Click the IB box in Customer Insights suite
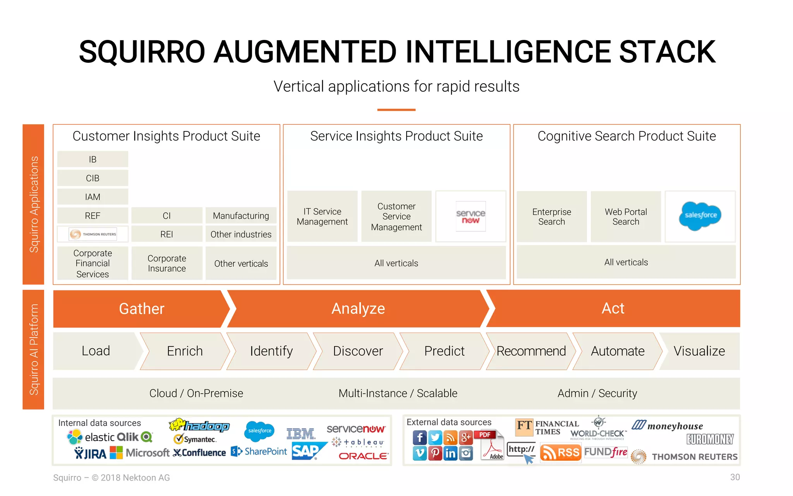[93, 159]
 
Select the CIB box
[93, 178]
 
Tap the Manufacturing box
[241, 215]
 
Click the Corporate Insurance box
[167, 263]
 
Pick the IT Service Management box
[322, 217]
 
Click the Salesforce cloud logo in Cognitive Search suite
[700, 216]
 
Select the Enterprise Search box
[551, 217]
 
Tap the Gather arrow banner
[142, 309]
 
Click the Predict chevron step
[444, 351]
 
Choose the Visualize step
[699, 351]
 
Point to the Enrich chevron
[185, 351]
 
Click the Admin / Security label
[597, 393]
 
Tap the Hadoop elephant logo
[199, 425]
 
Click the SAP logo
[306, 451]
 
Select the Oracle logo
[363, 456]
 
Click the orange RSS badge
[560, 453]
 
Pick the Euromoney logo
[710, 439]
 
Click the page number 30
[735, 477]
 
